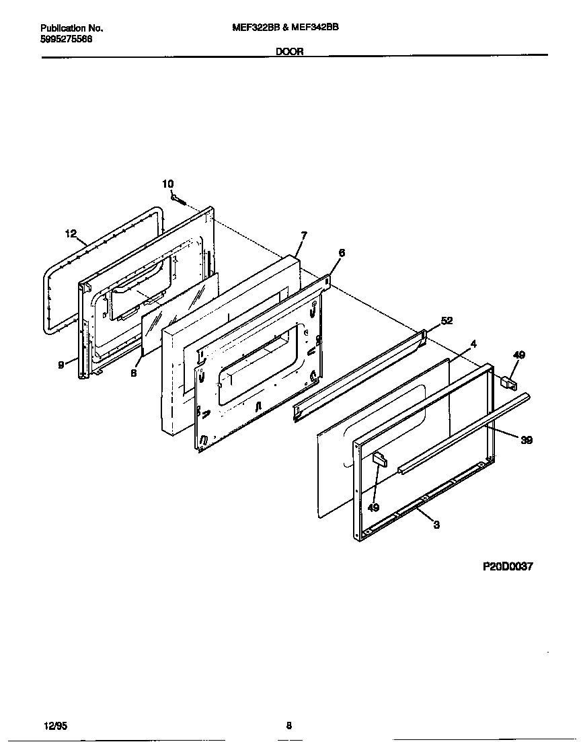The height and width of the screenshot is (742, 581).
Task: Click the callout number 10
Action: (168, 184)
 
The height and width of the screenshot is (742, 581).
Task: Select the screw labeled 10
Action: (179, 199)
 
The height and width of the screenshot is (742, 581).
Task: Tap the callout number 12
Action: (71, 234)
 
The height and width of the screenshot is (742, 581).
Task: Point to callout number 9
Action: (61, 364)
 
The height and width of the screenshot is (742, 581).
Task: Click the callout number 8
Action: (134, 373)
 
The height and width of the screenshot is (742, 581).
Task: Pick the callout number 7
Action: (304, 235)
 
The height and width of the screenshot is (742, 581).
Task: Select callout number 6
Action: (342, 253)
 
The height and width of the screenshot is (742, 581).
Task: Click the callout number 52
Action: (447, 321)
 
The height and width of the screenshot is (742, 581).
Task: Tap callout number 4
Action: (473, 344)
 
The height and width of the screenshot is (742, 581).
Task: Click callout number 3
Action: (436, 525)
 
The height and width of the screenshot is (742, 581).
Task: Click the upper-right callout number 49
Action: (519, 355)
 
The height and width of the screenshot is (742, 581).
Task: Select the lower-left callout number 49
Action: (373, 508)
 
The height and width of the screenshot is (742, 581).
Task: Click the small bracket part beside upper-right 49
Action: (508, 383)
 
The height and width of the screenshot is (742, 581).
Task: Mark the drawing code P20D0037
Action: (508, 566)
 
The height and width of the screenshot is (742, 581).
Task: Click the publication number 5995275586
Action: (67, 39)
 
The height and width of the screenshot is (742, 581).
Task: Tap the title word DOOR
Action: (290, 51)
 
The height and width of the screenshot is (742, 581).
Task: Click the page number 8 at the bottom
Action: (288, 726)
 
